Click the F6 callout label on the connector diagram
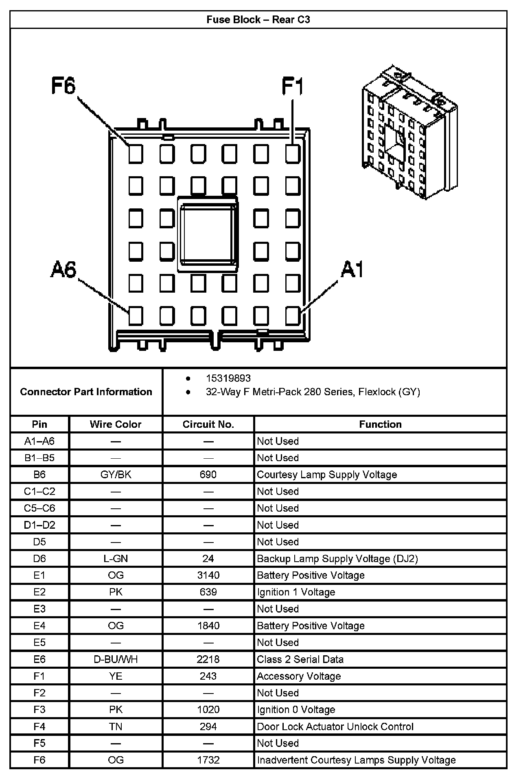tap(63, 86)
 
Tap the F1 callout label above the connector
tap(292, 87)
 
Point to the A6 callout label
tap(63, 269)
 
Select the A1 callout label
tap(352, 269)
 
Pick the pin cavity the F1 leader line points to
tap(292, 154)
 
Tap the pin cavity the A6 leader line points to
tap(136, 315)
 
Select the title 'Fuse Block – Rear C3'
tap(258, 20)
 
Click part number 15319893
tap(228, 379)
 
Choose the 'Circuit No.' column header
tap(208, 425)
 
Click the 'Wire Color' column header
tap(116, 425)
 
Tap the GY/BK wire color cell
tap(116, 475)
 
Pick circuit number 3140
tap(208, 575)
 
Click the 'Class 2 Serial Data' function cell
tap(300, 659)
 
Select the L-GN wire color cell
tap(116, 558)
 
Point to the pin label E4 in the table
tap(39, 626)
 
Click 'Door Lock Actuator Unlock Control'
tap(335, 726)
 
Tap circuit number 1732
tap(208, 760)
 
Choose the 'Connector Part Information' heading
tap(86, 392)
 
